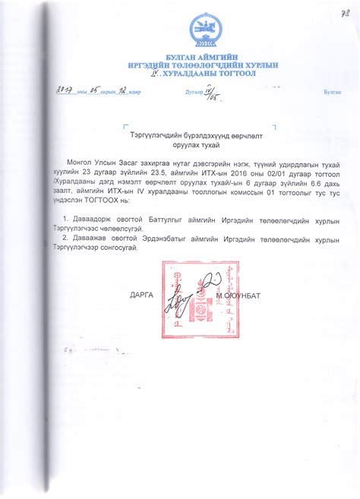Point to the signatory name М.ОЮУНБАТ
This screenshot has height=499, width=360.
point(238,293)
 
